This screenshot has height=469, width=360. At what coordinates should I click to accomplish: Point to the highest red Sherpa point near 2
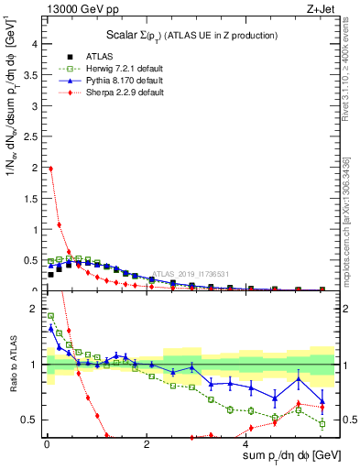coord(50,169)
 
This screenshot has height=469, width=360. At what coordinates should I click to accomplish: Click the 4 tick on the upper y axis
coord(35,43)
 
